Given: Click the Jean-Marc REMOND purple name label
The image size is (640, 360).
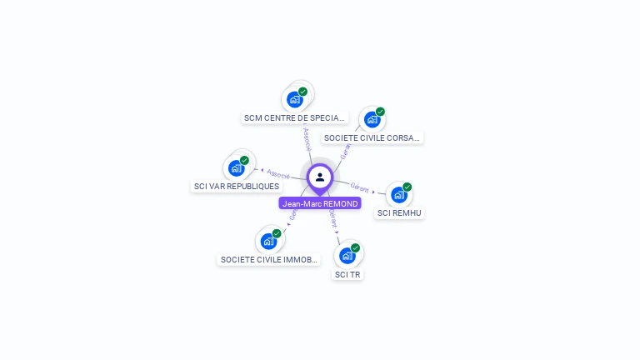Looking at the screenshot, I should tap(320, 203).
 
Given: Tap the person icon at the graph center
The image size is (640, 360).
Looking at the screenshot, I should tap(320, 177).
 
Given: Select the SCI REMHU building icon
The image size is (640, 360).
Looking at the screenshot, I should tap(399, 195).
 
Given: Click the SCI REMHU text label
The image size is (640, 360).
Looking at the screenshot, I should tap(399, 212).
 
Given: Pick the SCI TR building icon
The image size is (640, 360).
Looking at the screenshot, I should tap(347, 256).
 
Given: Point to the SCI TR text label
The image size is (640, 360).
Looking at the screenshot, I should tap(347, 274).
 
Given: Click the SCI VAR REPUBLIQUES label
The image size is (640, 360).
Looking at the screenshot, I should tap(236, 186).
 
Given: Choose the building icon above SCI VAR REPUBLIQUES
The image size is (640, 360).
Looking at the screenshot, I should tap(237, 167).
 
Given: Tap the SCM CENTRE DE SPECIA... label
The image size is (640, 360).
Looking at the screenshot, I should tap(294, 117).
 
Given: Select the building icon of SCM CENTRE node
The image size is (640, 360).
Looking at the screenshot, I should tap(295, 99).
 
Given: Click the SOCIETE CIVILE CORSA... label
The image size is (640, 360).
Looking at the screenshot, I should tap(372, 137).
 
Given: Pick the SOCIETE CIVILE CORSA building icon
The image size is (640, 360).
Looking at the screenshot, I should tap(372, 119).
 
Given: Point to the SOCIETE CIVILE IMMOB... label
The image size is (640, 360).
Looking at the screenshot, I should tap(269, 259).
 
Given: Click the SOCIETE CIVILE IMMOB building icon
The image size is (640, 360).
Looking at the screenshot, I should tap(269, 241).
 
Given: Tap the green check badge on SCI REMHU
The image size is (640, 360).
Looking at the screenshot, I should tap(407, 187).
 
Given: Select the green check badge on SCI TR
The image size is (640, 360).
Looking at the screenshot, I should tap(356, 247).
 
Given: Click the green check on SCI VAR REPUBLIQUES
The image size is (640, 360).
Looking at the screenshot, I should tap(245, 159).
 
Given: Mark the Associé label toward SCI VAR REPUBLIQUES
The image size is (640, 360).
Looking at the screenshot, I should tap(278, 174).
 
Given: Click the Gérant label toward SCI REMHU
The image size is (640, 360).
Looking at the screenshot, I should tap(359, 187).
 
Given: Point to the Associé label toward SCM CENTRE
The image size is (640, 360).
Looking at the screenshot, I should tap(307, 137).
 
